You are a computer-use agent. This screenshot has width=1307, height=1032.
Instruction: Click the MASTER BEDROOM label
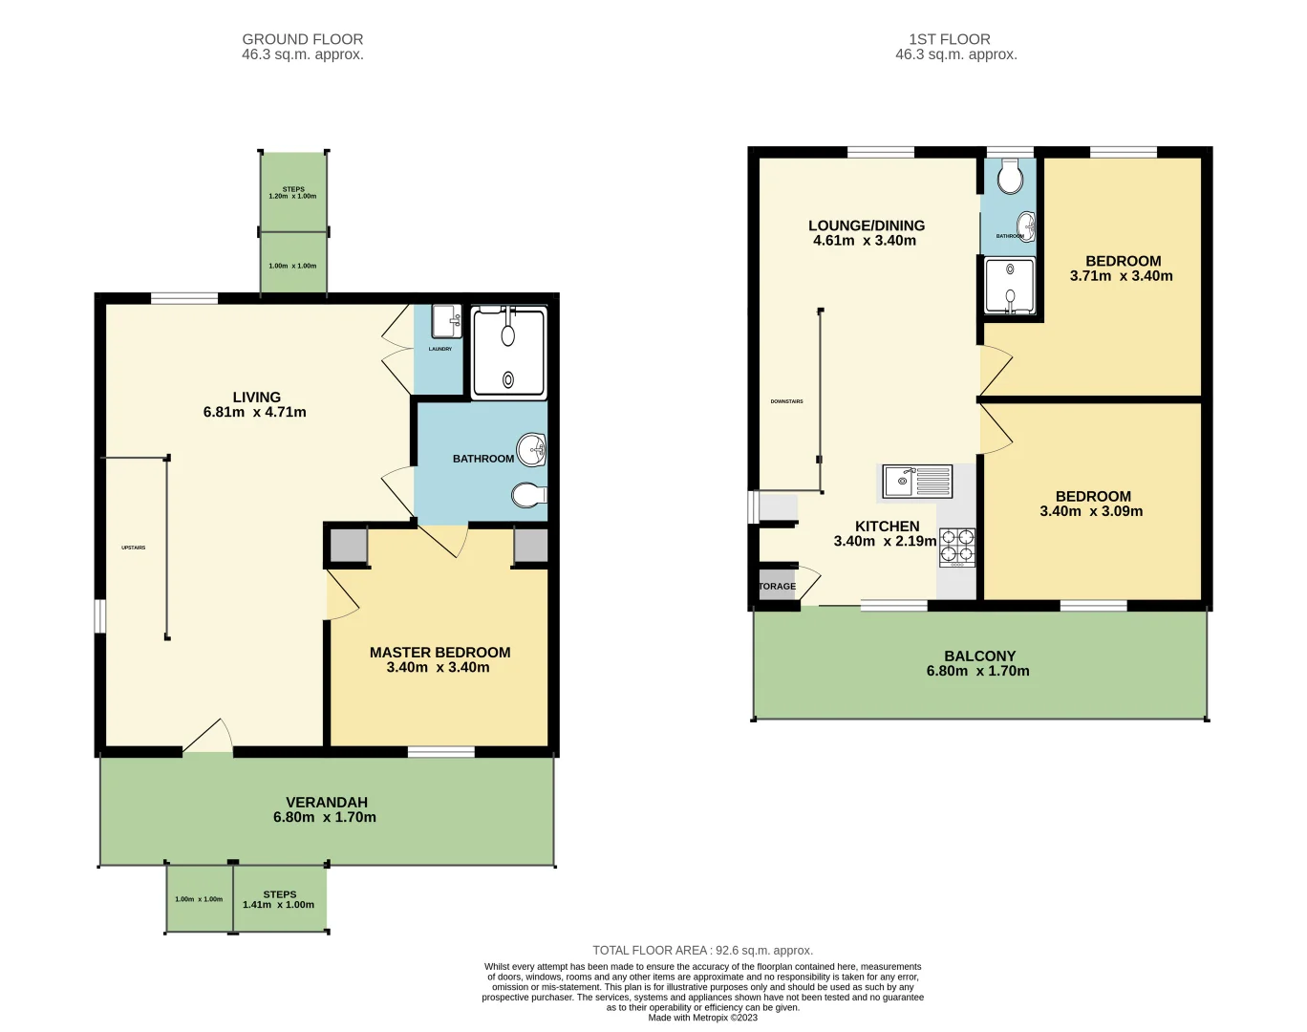(439, 653)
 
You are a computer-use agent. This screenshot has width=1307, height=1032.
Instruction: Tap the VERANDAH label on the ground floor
(327, 803)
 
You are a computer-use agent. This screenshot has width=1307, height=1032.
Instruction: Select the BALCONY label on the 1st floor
(979, 656)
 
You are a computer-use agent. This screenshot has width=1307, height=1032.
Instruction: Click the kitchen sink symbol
(916, 482)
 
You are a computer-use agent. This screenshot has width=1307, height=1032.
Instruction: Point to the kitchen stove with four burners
(957, 547)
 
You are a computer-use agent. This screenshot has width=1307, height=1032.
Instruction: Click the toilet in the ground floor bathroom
(528, 495)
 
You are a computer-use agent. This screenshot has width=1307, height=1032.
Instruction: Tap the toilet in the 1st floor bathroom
(1010, 177)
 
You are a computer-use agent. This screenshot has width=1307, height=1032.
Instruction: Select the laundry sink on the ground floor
(446, 322)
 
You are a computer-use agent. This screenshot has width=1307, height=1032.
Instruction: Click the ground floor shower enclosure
(509, 353)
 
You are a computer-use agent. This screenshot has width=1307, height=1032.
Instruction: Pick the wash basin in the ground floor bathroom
(532, 449)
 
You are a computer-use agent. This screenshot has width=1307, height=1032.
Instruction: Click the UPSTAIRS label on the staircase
(134, 548)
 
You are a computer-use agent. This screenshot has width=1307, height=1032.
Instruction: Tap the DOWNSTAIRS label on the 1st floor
(786, 401)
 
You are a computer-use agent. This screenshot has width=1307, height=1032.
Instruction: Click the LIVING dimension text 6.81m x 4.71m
(255, 413)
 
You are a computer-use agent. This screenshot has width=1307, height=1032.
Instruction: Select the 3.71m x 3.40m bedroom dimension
(1121, 276)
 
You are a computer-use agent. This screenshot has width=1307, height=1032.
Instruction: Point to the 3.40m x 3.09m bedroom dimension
(1091, 511)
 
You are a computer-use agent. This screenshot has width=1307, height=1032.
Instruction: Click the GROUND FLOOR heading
(303, 39)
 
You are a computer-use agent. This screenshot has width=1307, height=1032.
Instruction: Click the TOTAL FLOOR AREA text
(702, 950)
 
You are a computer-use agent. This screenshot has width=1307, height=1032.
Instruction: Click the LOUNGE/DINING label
(867, 226)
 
